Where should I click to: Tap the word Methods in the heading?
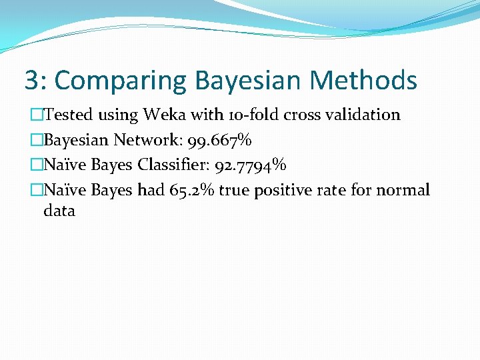point(363,81)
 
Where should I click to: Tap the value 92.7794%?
point(251,165)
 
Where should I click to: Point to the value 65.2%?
point(192,191)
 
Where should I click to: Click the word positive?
point(285,191)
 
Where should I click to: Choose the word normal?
point(403,191)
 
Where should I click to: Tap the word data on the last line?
point(59,211)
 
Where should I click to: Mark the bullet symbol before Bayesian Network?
point(37,141)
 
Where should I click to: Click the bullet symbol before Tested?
point(37,115)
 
